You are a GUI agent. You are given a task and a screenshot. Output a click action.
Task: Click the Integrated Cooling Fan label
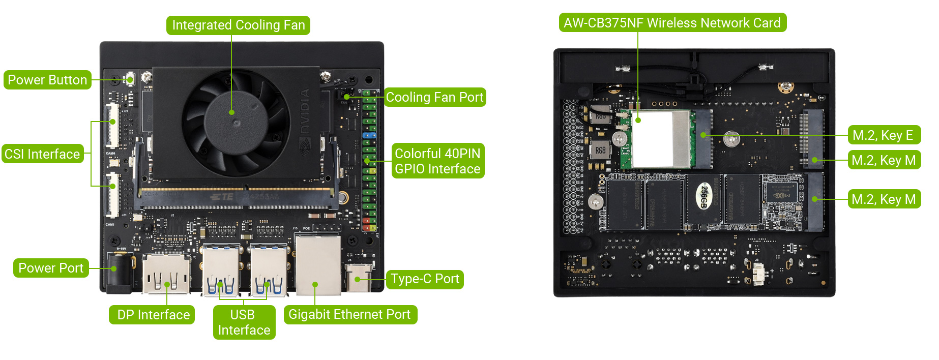pos(238,25)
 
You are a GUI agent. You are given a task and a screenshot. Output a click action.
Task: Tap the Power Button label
pos(47,80)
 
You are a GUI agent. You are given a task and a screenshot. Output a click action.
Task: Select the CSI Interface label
pos(42,154)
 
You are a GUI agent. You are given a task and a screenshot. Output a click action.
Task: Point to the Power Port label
pos(51,268)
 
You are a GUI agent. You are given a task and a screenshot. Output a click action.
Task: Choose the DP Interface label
pos(153,315)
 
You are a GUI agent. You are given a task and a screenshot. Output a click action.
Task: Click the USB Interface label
pos(244,322)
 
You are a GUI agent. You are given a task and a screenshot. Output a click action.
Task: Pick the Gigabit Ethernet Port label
pos(349,314)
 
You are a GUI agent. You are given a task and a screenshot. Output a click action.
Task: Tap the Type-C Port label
pos(425,279)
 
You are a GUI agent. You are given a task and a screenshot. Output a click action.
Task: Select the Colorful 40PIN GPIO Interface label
pos(437,161)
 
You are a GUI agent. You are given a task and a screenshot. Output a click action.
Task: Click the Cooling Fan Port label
pos(434,97)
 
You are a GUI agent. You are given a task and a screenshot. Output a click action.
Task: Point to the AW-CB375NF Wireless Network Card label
pos(672,23)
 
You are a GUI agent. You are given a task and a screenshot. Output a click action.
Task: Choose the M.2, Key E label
pos(883,135)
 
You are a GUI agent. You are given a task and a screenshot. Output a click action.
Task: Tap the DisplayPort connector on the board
pos(166,274)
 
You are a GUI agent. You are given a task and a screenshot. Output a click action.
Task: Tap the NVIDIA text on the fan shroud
pos(305,111)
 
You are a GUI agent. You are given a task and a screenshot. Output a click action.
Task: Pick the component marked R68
pos(601,151)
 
